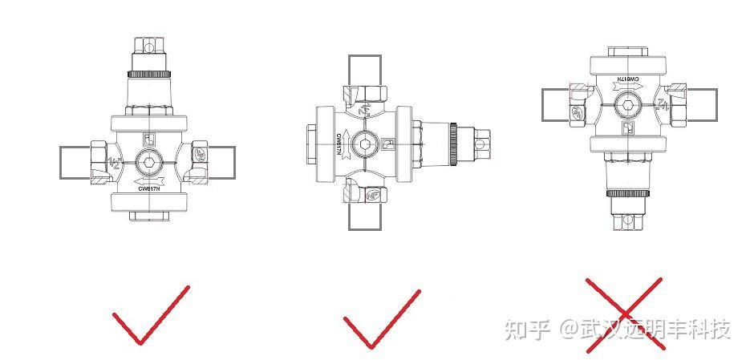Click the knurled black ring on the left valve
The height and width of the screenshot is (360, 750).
click(x=151, y=75)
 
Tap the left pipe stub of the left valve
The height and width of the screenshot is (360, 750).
click(x=75, y=162)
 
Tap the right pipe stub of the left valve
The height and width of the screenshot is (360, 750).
click(x=222, y=162)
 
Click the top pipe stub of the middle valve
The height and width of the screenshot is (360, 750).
click(x=365, y=68)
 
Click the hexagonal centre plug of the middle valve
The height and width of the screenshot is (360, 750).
click(x=366, y=144)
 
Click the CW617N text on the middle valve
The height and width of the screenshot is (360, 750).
click(x=339, y=144)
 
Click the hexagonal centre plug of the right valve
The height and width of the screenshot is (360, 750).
click(x=630, y=104)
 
